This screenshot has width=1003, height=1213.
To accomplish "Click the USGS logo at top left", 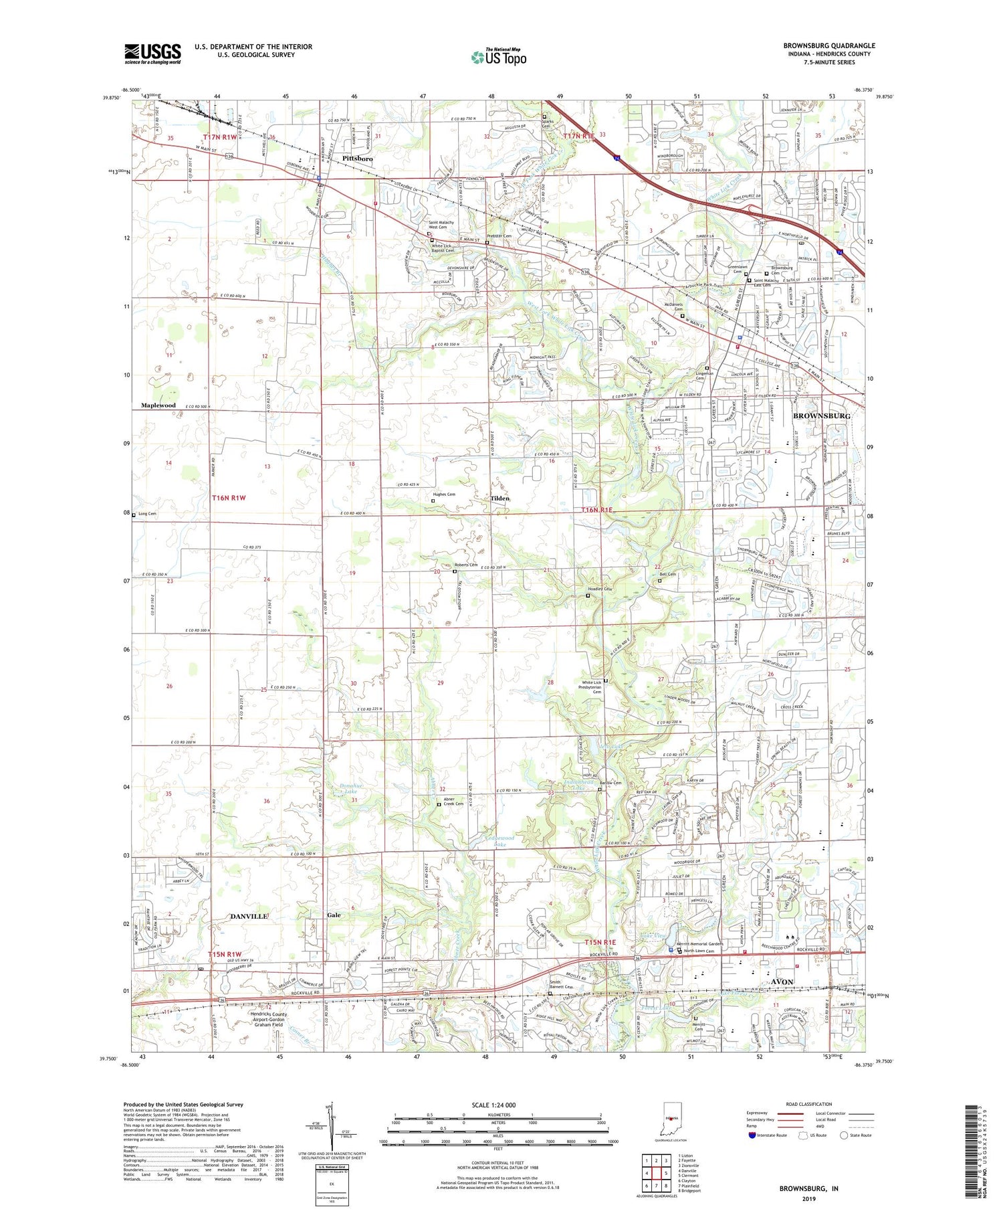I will (152, 54).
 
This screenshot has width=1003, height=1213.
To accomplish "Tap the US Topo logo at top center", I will (498, 57).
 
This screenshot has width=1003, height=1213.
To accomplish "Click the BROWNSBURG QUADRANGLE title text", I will (829, 45).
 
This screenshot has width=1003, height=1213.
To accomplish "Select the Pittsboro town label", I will (358, 159).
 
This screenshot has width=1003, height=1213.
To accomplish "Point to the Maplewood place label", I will (158, 405).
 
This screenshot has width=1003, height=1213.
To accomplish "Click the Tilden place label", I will (499, 498).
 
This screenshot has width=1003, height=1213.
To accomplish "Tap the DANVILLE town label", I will (249, 915).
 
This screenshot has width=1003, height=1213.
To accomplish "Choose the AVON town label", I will (782, 982).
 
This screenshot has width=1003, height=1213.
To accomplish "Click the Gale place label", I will (334, 915).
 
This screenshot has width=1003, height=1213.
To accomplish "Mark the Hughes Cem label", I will (444, 494).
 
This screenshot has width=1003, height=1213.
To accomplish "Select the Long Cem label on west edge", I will (147, 514).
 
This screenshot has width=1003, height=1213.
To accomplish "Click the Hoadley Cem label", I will (600, 589).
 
